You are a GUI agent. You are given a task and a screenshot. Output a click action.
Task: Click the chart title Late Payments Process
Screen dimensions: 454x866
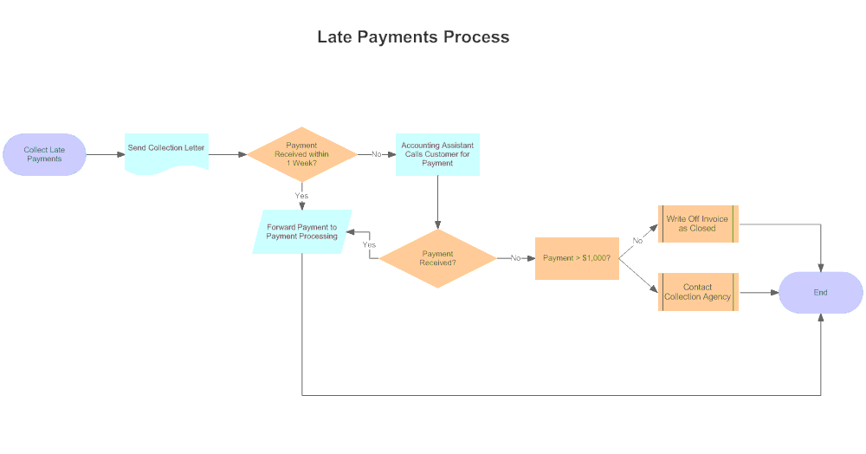point(413,37)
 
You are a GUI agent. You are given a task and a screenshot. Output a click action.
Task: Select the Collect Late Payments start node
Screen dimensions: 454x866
point(44,154)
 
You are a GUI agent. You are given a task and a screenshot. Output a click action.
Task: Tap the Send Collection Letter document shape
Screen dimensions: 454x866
point(166,151)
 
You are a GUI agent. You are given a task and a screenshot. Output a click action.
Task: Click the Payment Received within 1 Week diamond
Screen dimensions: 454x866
point(301,154)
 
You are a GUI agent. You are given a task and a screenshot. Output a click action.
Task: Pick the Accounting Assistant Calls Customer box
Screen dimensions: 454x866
point(437,154)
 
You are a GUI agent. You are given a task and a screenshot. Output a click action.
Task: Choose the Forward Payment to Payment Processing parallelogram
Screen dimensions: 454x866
point(301,231)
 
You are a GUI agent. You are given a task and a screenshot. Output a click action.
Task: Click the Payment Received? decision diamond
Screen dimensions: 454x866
point(437,258)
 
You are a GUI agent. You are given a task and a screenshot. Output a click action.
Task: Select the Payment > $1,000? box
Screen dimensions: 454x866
point(577,258)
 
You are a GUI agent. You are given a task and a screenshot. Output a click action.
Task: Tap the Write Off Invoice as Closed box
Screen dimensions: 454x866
point(697,224)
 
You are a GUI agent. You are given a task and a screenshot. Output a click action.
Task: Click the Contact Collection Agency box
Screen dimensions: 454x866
point(697,292)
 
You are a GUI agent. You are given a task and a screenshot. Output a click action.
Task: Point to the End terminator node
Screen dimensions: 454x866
point(820,292)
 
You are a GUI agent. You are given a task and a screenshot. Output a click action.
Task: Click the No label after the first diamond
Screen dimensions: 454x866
point(377,154)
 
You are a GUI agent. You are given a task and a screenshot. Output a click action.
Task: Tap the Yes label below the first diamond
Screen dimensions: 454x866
point(301,196)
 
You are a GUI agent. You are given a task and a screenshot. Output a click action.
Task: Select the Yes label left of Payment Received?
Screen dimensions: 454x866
point(369,245)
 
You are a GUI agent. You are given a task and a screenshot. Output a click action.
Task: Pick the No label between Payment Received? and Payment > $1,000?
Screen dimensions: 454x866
point(516,258)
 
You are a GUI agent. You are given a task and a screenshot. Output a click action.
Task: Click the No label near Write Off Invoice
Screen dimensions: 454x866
point(637,240)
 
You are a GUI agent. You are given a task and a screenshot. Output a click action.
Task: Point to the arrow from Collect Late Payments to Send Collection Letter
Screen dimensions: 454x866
point(105,154)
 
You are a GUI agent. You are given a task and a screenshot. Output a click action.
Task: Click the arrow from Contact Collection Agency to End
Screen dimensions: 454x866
point(759,292)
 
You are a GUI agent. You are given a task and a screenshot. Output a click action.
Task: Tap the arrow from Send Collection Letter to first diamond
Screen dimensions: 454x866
point(229,154)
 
